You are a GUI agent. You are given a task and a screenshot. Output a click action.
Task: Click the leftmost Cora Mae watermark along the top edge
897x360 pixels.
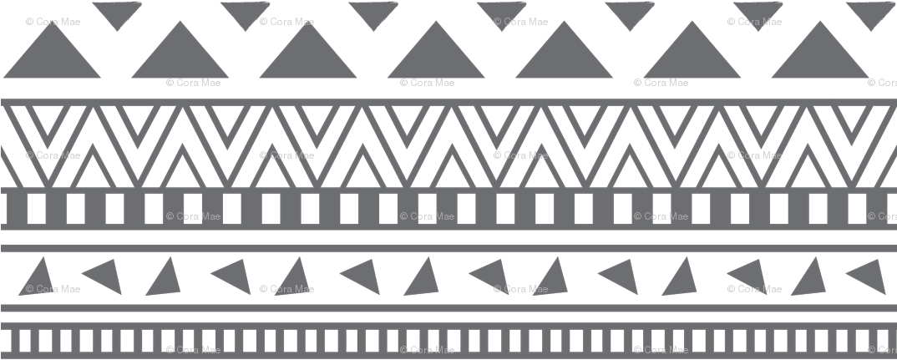[x=53, y=22]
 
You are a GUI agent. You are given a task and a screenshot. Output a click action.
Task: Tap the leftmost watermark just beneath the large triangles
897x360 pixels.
[x=194, y=83]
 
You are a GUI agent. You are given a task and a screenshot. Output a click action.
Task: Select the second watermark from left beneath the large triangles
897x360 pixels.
[x=428, y=83]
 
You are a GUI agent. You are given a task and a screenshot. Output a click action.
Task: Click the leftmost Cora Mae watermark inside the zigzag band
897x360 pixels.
[x=53, y=155]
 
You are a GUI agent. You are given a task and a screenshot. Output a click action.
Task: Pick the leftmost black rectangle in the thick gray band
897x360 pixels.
[x=36, y=209]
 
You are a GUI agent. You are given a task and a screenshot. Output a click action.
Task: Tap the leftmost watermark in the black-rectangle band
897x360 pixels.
[x=194, y=216]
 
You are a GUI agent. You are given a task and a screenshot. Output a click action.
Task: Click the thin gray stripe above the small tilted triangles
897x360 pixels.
[x=448, y=248]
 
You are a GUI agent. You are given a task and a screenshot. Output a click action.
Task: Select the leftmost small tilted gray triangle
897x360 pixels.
[x=38, y=276]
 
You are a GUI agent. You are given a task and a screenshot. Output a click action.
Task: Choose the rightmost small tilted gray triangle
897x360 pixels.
[x=869, y=276]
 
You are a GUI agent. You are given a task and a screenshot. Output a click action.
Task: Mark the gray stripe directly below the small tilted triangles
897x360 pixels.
[x=448, y=308]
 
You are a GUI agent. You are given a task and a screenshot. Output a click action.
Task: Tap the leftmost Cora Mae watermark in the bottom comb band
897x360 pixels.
[x=194, y=350]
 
